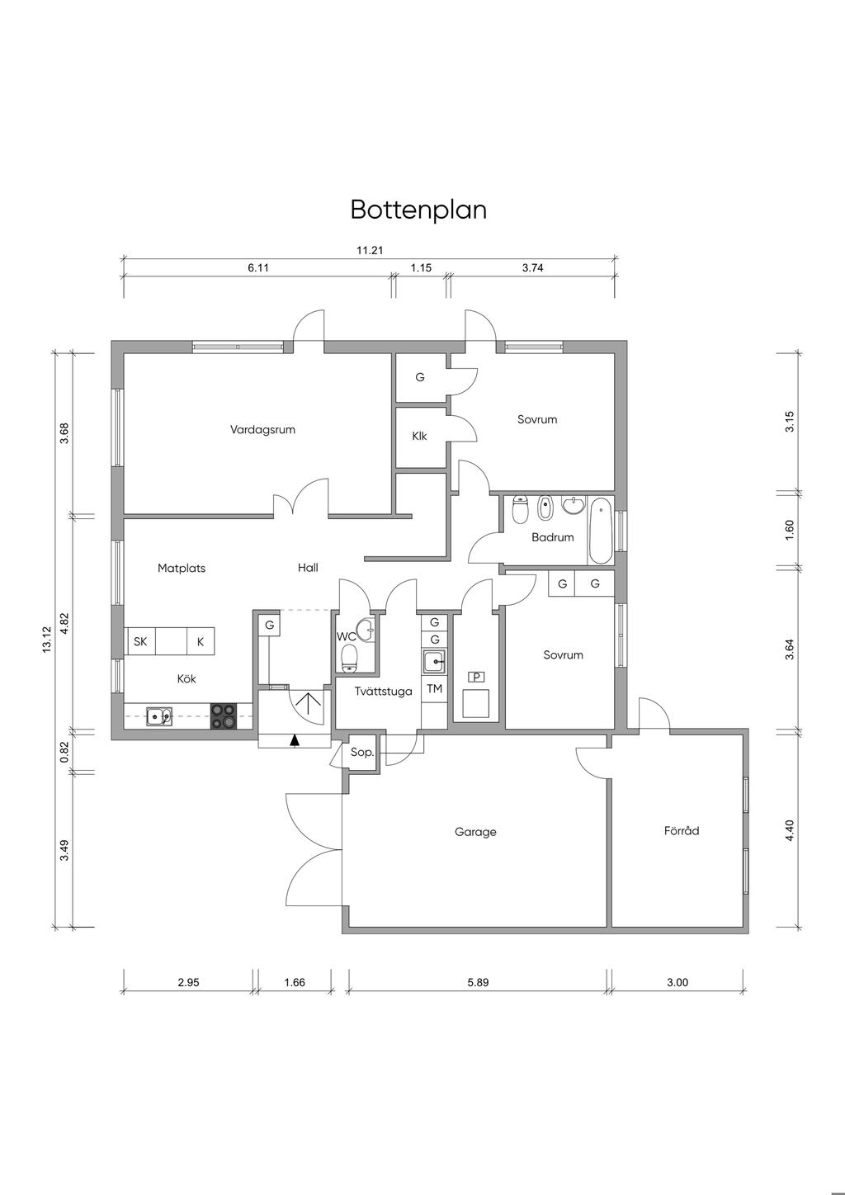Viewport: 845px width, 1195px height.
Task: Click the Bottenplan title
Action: [418, 210]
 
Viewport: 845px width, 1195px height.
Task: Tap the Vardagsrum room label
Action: [262, 429]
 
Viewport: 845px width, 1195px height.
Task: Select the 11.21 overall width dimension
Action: [370, 250]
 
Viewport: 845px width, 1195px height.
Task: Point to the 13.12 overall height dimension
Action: [48, 639]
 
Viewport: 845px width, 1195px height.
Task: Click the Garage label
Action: [475, 832]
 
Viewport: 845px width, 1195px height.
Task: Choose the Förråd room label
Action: [682, 830]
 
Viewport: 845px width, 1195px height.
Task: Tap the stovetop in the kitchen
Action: [224, 716]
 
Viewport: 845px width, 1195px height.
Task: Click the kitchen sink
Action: [159, 716]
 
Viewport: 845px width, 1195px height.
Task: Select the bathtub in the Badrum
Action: [600, 531]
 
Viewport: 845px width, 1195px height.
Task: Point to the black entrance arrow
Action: [295, 740]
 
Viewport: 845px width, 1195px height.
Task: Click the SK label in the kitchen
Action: [140, 641]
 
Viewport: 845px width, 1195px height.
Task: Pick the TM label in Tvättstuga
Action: [434, 689]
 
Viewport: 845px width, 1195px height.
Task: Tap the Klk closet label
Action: [419, 436]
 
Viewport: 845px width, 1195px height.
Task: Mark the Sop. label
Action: [362, 753]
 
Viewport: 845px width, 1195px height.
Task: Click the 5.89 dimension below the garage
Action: [478, 982]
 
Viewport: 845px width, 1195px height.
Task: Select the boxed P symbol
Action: [476, 677]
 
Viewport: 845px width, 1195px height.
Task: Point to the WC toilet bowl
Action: [349, 657]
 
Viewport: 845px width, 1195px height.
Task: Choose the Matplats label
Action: [182, 568]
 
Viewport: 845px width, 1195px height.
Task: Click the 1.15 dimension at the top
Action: [421, 268]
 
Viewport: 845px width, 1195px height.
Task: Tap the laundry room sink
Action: [435, 662]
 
